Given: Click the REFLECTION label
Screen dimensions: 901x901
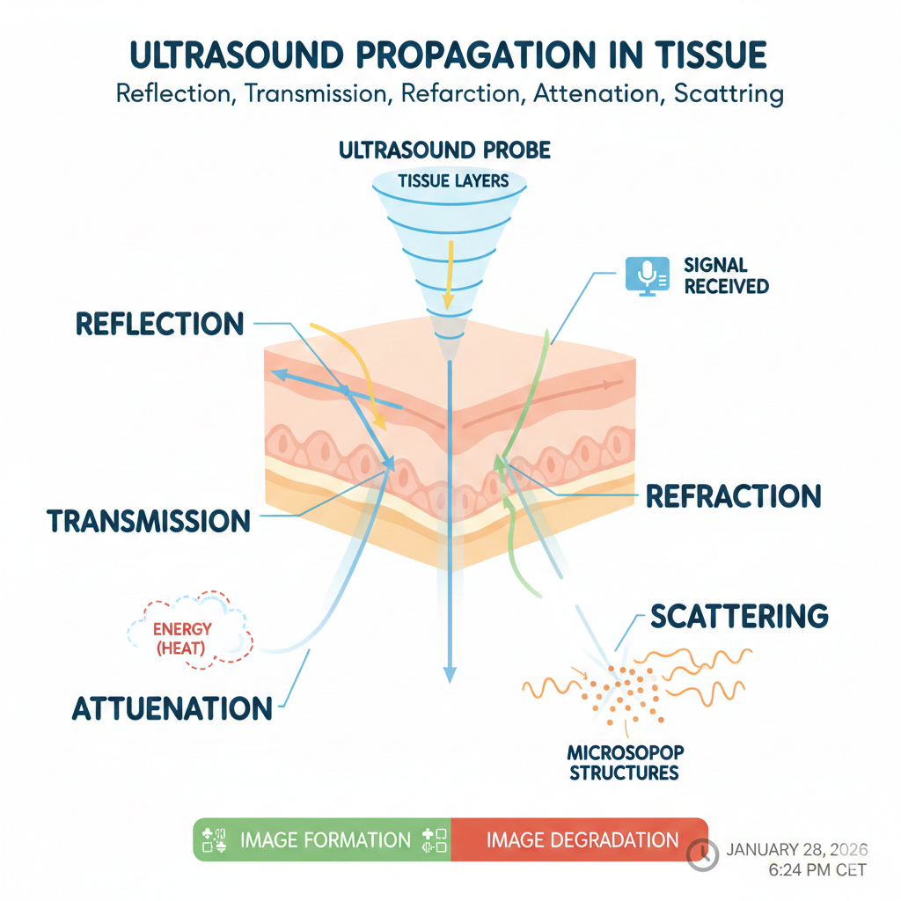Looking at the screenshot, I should pos(159,323).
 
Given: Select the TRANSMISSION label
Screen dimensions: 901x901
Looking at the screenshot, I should pos(149,521).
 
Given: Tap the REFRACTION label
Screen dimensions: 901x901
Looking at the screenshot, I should pos(733,495).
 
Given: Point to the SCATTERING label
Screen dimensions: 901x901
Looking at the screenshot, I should pos(739,616).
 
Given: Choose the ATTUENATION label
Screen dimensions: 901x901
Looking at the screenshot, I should pos(172,708).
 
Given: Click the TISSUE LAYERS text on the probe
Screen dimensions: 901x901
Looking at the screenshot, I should pos(453,182).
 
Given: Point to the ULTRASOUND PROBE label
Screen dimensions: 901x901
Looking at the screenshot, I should pos(444,150).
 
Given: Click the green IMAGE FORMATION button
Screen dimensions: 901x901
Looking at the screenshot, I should pos(322,839).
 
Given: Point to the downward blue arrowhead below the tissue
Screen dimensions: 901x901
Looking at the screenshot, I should pos(450,674).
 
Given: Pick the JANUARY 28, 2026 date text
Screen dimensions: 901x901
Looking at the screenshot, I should pos(797,850).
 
